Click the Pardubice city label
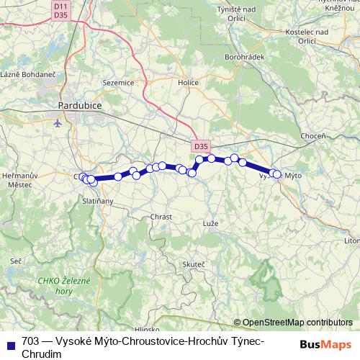coord(79,106)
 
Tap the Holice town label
coord(188,83)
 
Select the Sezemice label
coord(120,83)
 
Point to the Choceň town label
coord(312,136)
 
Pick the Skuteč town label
coord(194,264)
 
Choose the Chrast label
coord(161,217)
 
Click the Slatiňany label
coord(98,201)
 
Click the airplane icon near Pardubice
coord(58,122)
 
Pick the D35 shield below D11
coord(60,14)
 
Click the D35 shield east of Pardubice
coord(201,146)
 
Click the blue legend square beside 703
coord(11,342)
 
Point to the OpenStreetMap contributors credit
coord(297,323)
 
